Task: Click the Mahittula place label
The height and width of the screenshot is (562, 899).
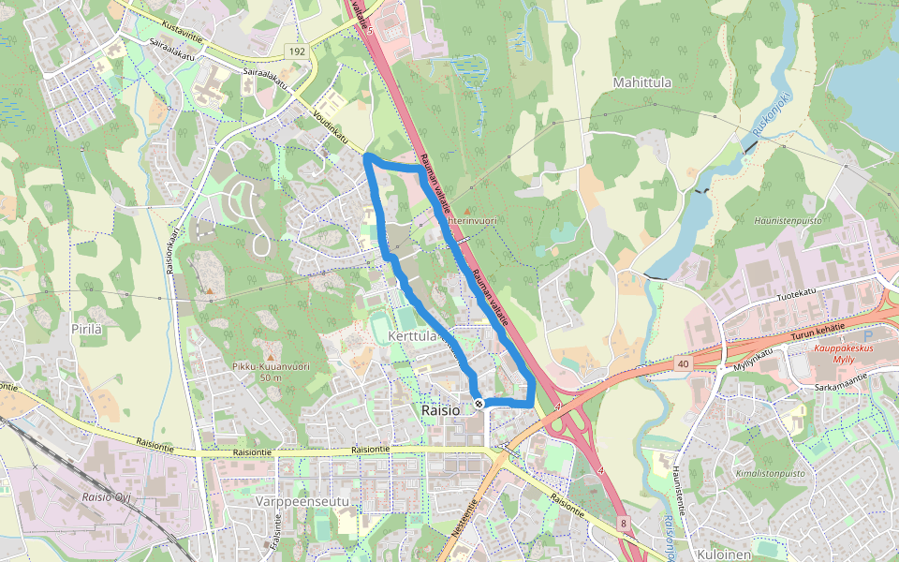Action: [x=642, y=82]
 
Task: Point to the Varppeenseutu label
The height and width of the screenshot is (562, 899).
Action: [x=302, y=502]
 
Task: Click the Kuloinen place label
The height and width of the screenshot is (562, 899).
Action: [x=726, y=555]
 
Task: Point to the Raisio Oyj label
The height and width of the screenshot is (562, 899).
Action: [x=104, y=497]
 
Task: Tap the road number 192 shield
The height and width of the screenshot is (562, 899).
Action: [x=297, y=51]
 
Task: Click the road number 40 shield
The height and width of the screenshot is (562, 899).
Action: [x=682, y=362]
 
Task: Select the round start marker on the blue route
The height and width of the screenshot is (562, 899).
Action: [x=479, y=404]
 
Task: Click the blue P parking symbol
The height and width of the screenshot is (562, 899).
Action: [x=867, y=336]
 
